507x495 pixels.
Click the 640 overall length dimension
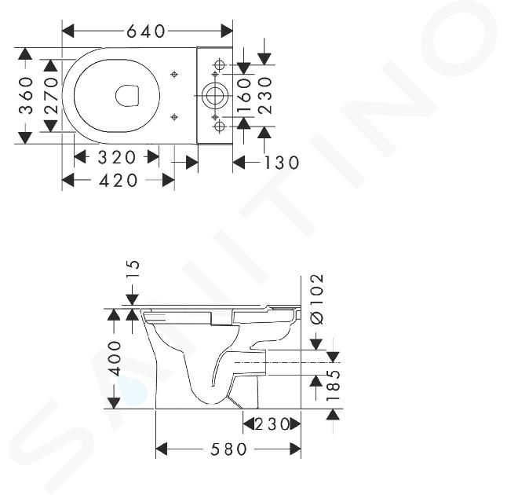click(x=146, y=31)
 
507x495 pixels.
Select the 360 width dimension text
click(x=27, y=96)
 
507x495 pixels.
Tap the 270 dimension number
click(x=52, y=96)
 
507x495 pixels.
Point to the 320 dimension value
click(x=117, y=158)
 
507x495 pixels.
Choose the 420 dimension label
click(x=118, y=181)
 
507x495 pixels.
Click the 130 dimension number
click(x=282, y=163)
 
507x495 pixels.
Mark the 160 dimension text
click(x=244, y=96)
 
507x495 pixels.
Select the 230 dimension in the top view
click(x=265, y=96)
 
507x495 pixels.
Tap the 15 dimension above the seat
click(x=133, y=269)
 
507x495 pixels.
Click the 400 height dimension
click(x=114, y=358)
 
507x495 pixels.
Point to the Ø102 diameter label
click(x=317, y=299)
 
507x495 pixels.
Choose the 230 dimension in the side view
click(x=272, y=424)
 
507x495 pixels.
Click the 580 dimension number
click(x=228, y=449)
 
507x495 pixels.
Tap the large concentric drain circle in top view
click(x=215, y=96)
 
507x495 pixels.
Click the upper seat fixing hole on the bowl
click(x=174, y=75)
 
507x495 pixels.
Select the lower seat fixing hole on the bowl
click(x=174, y=117)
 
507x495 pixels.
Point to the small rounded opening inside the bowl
click(x=127, y=96)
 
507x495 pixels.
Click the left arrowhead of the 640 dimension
click(x=68, y=31)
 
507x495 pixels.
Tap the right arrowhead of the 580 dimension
click(x=296, y=449)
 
